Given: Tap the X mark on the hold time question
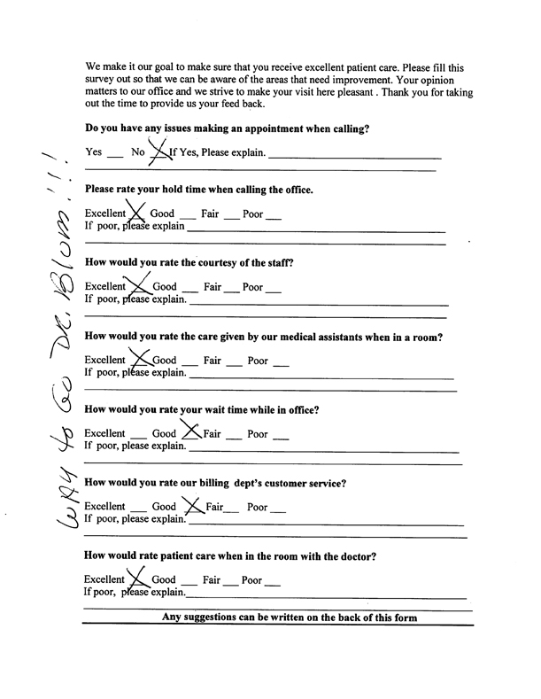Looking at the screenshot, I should tap(137, 211).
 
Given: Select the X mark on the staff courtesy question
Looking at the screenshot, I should tap(138, 283).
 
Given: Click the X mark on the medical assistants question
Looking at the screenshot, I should tap(140, 358).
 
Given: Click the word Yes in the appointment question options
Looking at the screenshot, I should tap(94, 152).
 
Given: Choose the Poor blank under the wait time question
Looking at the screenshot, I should tap(281, 436).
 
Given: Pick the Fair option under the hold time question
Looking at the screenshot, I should tap(210, 214).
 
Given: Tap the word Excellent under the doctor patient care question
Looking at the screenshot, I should tap(104, 581).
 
